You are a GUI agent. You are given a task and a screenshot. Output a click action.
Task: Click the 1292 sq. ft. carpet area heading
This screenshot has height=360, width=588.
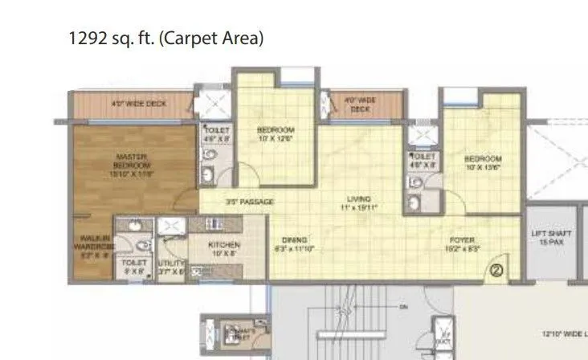pyautogui.click(x=166, y=38)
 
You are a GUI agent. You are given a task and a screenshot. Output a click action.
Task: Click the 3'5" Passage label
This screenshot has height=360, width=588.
pyautogui.click(x=250, y=202)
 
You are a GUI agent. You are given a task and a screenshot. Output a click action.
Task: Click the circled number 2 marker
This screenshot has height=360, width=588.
pyautogui.click(x=496, y=271)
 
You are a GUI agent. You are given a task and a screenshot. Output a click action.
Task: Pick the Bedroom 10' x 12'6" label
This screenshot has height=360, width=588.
pyautogui.click(x=276, y=134)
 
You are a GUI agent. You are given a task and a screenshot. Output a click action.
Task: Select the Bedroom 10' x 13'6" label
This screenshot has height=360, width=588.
pyautogui.click(x=483, y=163)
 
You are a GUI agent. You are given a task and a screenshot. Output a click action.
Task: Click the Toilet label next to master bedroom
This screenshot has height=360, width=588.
pyautogui.click(x=217, y=134)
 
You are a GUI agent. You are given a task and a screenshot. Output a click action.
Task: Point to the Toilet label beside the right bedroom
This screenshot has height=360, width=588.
pyautogui.click(x=423, y=160)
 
